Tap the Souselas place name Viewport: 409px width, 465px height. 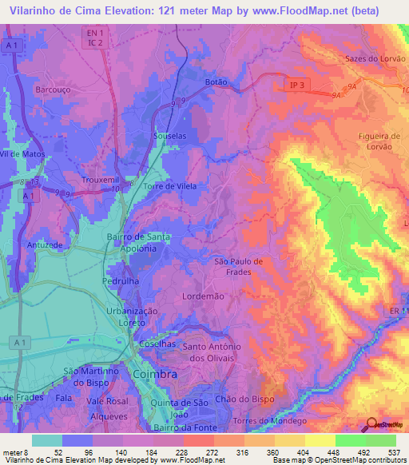click(169, 136)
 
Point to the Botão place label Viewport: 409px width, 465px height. click(216, 81)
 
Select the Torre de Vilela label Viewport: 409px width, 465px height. click(169, 185)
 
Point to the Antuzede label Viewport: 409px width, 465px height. click(45, 244)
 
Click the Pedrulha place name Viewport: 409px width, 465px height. click(121, 282)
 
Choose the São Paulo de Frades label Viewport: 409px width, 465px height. click(233, 266)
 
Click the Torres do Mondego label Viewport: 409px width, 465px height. click(268, 420)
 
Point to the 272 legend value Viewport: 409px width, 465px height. click(197, 451)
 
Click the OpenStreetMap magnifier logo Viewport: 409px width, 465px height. click(371, 424)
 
